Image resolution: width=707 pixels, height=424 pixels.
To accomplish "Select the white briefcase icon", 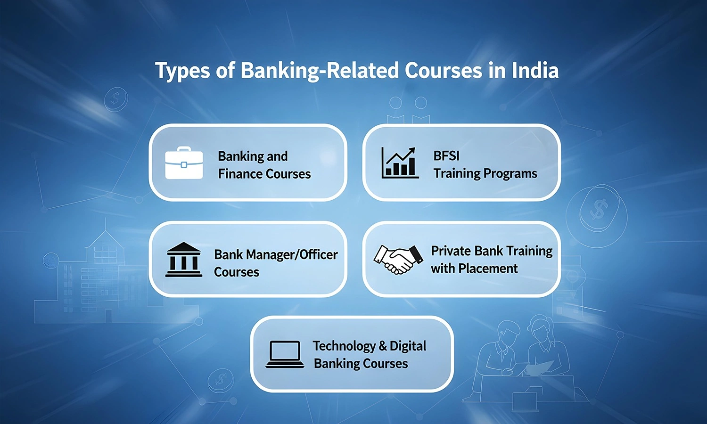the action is click(x=184, y=163).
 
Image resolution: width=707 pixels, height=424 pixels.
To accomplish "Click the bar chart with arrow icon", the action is click(x=400, y=163).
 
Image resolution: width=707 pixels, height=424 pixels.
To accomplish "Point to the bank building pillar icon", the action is click(x=184, y=259).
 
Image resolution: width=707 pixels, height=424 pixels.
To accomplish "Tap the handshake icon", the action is click(x=398, y=259).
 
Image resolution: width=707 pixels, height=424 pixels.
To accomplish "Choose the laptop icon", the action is click(x=285, y=354).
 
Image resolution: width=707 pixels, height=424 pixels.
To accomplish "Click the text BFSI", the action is click(x=446, y=156).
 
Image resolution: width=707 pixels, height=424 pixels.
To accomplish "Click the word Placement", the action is click(x=488, y=269).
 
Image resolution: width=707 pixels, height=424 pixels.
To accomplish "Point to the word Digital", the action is click(x=408, y=346).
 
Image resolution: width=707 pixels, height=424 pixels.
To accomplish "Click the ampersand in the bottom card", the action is click(x=383, y=346).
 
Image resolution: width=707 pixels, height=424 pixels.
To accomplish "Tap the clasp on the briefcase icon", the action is click(x=184, y=165).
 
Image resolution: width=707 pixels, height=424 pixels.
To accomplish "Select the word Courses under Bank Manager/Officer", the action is click(x=237, y=272).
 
